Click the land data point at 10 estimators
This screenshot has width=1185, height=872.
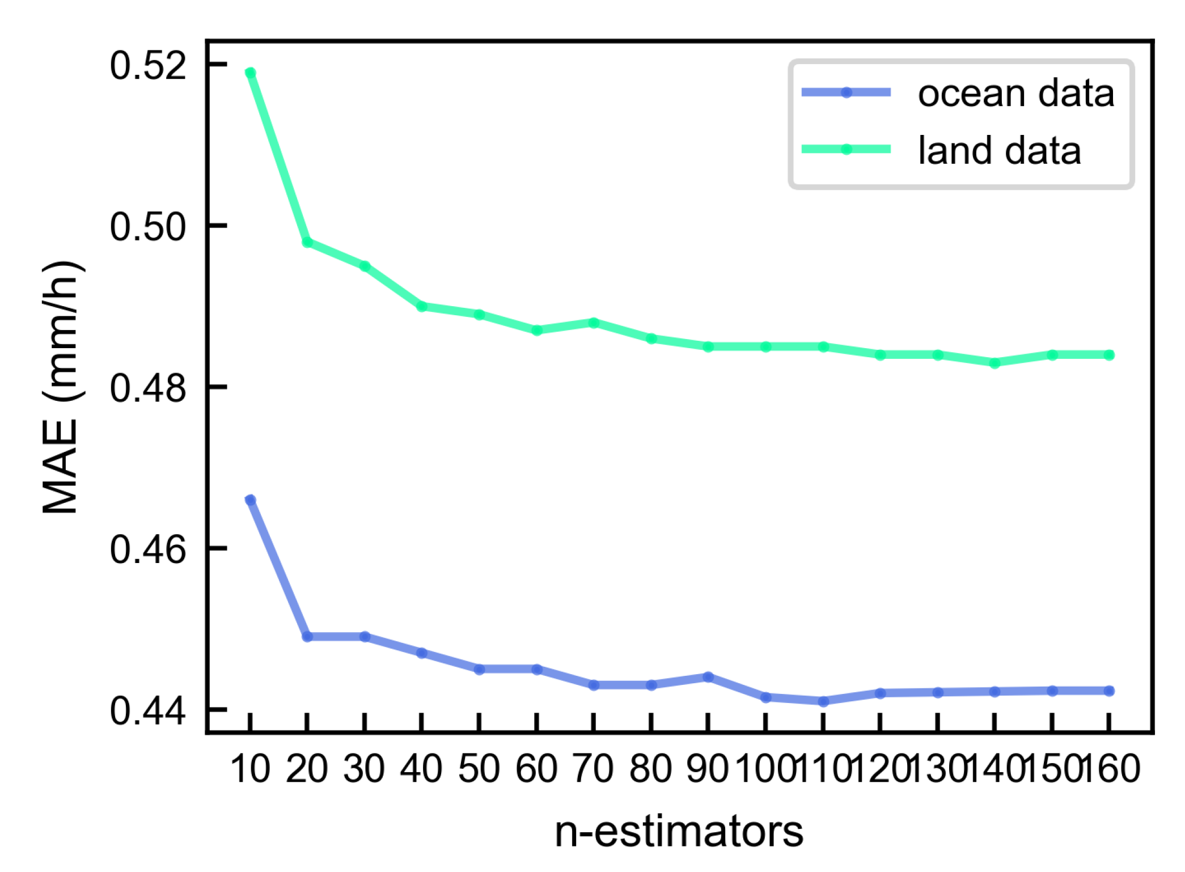point(250,73)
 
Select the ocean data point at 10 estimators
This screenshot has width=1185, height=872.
point(250,500)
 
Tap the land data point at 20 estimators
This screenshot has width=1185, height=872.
point(307,242)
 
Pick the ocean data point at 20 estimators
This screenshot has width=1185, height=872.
point(307,637)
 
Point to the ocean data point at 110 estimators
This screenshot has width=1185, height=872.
point(823,701)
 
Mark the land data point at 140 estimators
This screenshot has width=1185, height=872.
point(994,363)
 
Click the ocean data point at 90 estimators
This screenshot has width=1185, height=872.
point(708,677)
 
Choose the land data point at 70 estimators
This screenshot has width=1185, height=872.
point(594,323)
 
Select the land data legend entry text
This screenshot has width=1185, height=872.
point(1000,151)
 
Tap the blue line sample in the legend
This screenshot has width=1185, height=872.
point(846,92)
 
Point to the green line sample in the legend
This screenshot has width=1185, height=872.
point(846,150)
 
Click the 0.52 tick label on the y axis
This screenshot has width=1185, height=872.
point(147,65)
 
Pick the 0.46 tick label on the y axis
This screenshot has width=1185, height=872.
point(147,549)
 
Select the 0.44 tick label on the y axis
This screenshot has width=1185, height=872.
point(147,710)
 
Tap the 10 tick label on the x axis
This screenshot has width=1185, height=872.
point(250,770)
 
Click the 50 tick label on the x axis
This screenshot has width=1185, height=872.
point(479,770)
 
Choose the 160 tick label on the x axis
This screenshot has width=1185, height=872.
point(1111,770)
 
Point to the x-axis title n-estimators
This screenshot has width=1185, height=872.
point(679,832)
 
